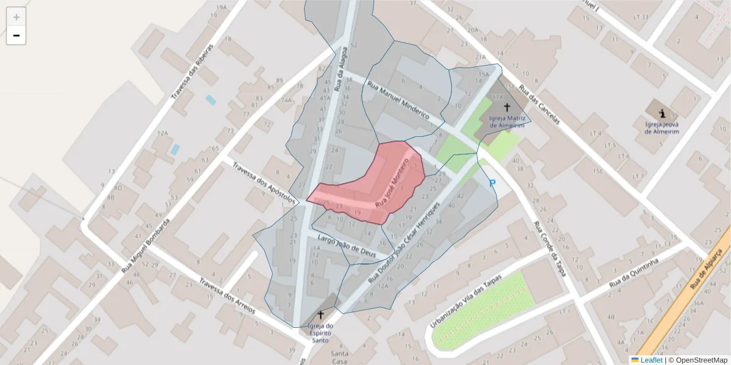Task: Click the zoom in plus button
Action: (x=16, y=16)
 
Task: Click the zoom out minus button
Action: (x=16, y=35)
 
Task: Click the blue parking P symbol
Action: (x=492, y=183)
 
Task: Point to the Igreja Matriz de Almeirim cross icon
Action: (x=507, y=107)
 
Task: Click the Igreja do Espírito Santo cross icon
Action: (x=320, y=315)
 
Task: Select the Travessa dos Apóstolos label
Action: (x=262, y=181)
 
